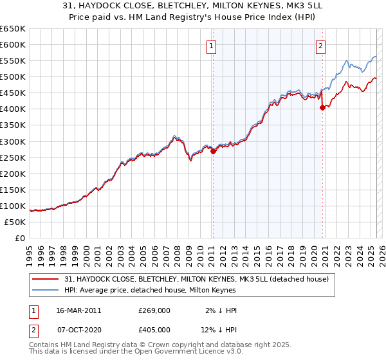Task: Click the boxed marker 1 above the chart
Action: (x=212, y=45)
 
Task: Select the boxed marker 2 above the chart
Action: (x=320, y=45)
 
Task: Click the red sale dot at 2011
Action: (x=213, y=151)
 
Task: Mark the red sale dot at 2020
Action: (x=322, y=107)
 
